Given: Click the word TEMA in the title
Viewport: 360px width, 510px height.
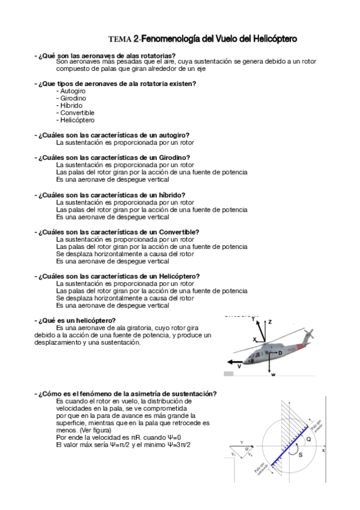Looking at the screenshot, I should point(120,40).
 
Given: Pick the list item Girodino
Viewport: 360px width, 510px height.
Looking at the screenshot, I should point(73,98).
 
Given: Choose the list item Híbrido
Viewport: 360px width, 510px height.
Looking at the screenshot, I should point(72,105).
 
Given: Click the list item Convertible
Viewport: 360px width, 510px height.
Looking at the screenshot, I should point(77,112).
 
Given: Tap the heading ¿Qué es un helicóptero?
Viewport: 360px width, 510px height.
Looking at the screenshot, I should point(77,320).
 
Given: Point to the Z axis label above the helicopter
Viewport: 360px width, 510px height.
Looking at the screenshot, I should point(270,322).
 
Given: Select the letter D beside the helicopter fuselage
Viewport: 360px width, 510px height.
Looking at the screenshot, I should point(280,353).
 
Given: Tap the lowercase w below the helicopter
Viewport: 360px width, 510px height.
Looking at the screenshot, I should point(273,375).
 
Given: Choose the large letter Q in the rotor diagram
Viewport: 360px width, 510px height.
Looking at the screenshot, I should point(308,440).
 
